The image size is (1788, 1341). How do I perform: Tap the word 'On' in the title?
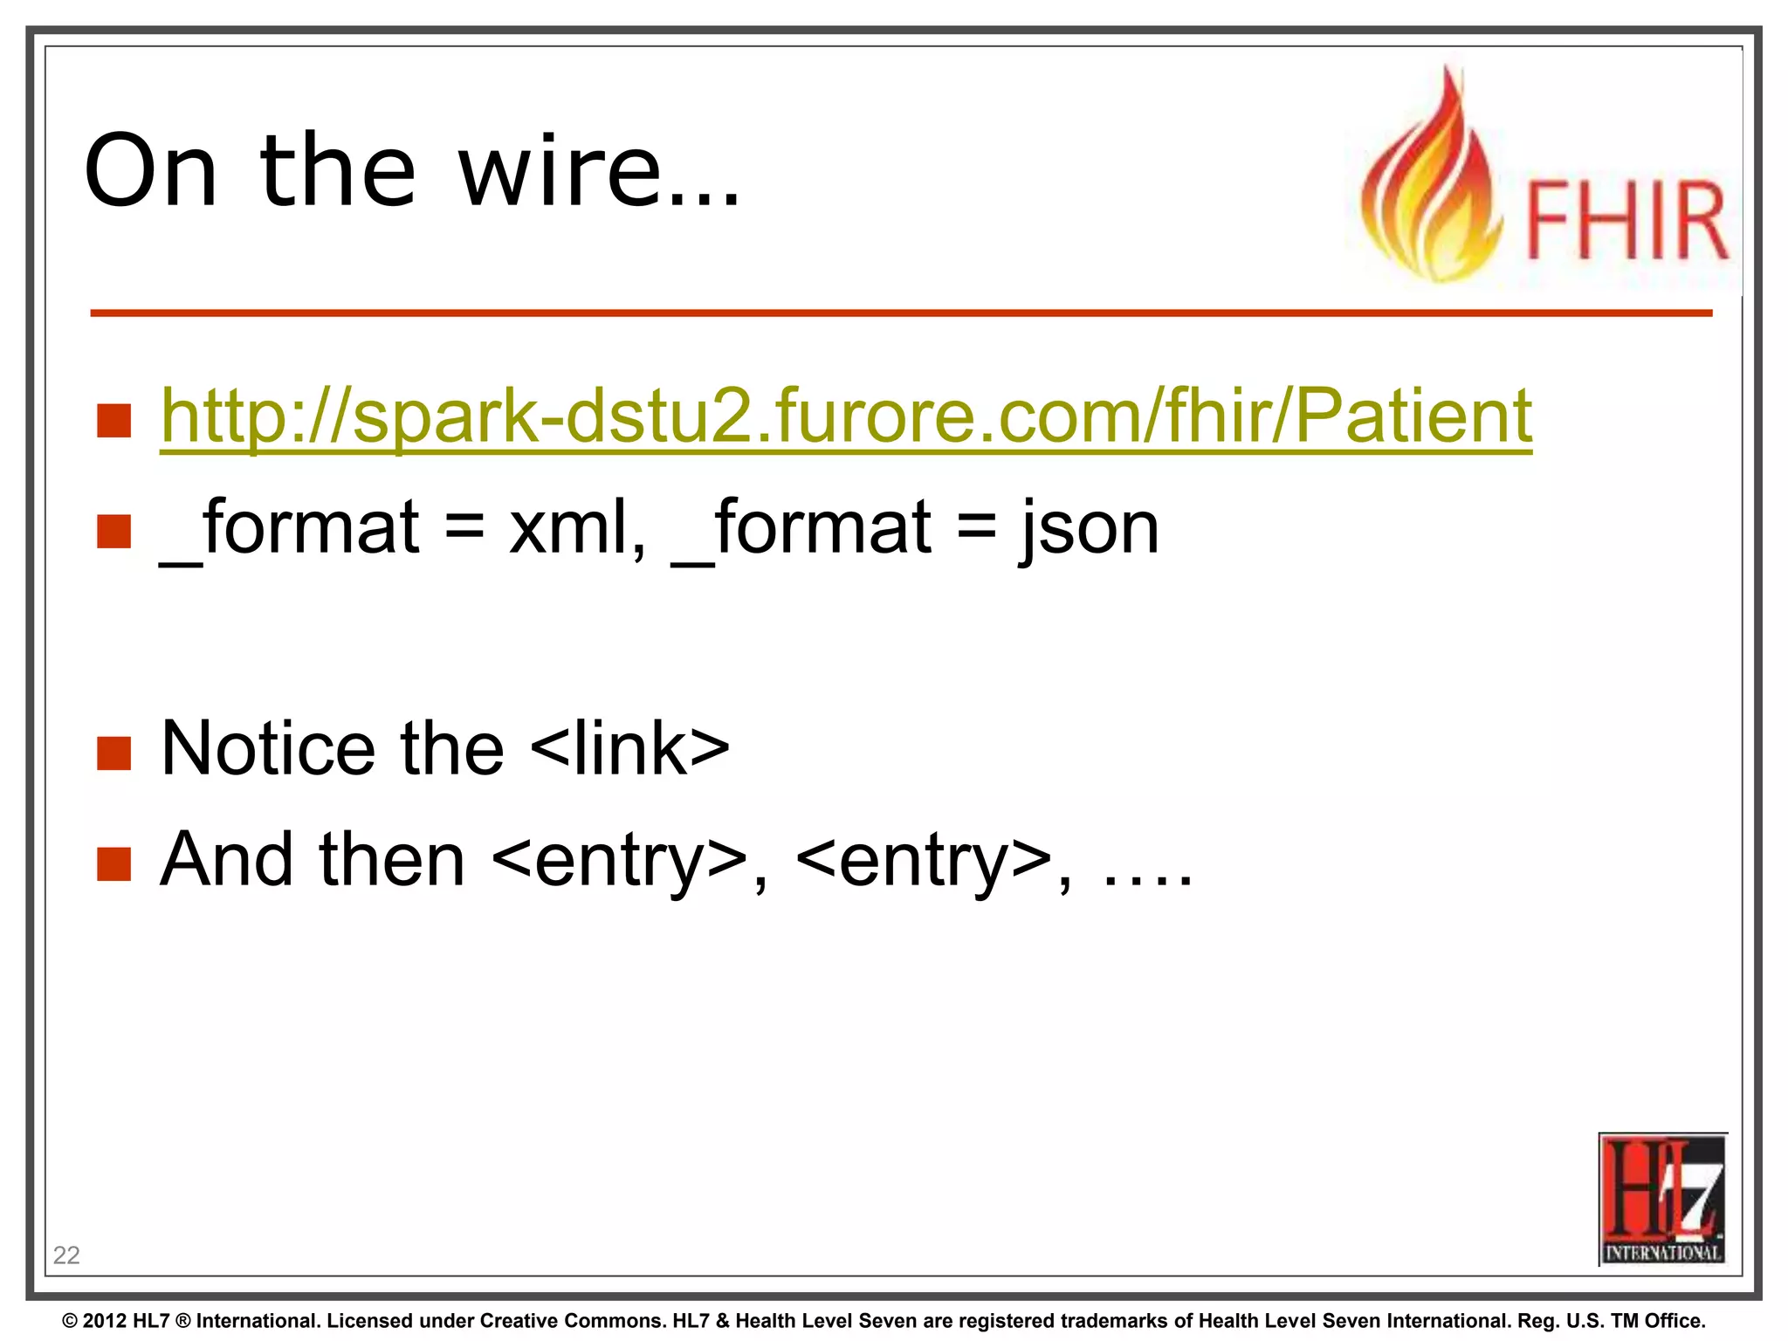(x=150, y=171)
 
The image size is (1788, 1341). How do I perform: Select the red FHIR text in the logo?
(x=1626, y=221)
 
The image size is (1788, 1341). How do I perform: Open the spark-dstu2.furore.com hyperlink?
(x=845, y=416)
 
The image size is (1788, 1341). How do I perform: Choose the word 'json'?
(x=1090, y=529)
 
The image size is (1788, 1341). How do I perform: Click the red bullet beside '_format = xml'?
(x=114, y=531)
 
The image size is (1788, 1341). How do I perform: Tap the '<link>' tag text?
(x=629, y=748)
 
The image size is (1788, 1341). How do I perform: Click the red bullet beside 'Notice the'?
(x=114, y=753)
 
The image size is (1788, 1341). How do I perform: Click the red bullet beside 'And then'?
(x=114, y=863)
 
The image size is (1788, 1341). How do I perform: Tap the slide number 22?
(x=66, y=1255)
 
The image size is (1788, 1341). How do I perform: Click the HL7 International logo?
(x=1662, y=1198)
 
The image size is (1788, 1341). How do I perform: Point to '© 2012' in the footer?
(x=95, y=1321)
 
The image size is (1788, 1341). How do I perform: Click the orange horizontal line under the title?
(x=901, y=313)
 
